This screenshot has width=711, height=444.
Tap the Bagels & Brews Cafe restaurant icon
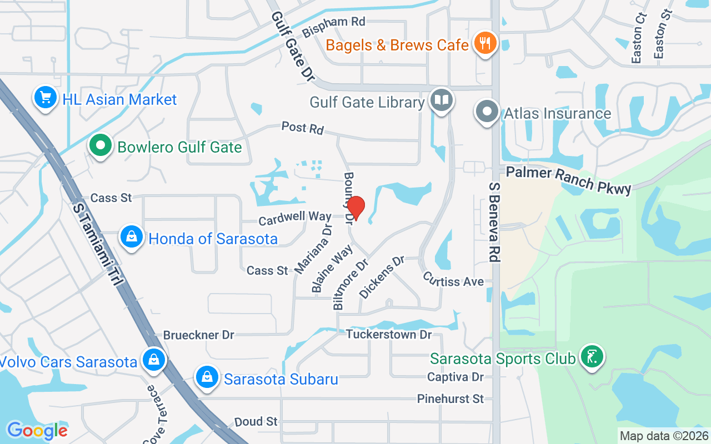485,44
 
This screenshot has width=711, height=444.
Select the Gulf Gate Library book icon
442,101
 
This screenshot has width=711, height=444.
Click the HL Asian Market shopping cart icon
46,98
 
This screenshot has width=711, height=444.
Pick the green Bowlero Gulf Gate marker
101,147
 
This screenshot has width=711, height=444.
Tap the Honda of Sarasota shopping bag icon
132,238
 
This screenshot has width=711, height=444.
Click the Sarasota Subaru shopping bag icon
207,378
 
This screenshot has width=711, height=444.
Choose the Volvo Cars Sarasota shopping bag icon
152,360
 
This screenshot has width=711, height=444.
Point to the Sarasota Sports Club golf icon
592,357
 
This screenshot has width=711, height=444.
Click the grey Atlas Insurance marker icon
487,112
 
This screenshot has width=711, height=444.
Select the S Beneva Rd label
493,221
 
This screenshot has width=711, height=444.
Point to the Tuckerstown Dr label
389,334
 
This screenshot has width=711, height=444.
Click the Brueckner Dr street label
198,335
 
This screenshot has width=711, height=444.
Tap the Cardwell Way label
295,218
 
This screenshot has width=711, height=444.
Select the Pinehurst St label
450,398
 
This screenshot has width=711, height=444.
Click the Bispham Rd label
334,26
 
